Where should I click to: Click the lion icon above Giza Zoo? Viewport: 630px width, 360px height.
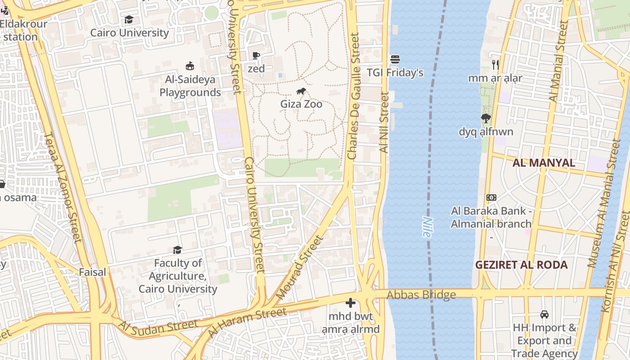pyautogui.click(x=301, y=92)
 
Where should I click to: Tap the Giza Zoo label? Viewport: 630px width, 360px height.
pyautogui.click(x=301, y=104)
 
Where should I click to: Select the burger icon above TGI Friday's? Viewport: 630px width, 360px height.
pyautogui.click(x=395, y=59)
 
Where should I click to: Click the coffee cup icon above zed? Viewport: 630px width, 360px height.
pyautogui.click(x=256, y=56)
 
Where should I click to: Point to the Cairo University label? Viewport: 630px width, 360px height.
pyautogui.click(x=130, y=33)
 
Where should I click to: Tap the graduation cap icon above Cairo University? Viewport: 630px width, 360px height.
pyautogui.click(x=129, y=20)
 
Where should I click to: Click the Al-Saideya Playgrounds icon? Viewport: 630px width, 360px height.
pyautogui.click(x=190, y=66)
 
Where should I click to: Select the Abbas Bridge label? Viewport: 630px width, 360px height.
pyautogui.click(x=421, y=295)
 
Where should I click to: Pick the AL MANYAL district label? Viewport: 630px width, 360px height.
pyautogui.click(x=544, y=162)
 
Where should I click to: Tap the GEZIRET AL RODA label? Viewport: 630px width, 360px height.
pyautogui.click(x=522, y=265)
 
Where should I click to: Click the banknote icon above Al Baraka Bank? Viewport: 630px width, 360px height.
pyautogui.click(x=491, y=198)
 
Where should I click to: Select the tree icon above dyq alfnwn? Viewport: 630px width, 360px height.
pyautogui.click(x=486, y=118)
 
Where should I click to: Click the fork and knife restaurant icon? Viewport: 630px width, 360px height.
pyautogui.click(x=495, y=65)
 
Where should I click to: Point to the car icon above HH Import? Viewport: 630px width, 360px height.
pyautogui.click(x=544, y=314)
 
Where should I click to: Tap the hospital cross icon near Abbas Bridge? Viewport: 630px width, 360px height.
pyautogui.click(x=351, y=303)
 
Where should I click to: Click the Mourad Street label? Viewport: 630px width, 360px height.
pyautogui.click(x=299, y=267)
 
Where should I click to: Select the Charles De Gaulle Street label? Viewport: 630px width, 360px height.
pyautogui.click(x=354, y=97)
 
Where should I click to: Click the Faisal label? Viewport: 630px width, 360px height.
pyautogui.click(x=93, y=272)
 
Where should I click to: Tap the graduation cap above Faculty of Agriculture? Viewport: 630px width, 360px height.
pyautogui.click(x=178, y=250)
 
